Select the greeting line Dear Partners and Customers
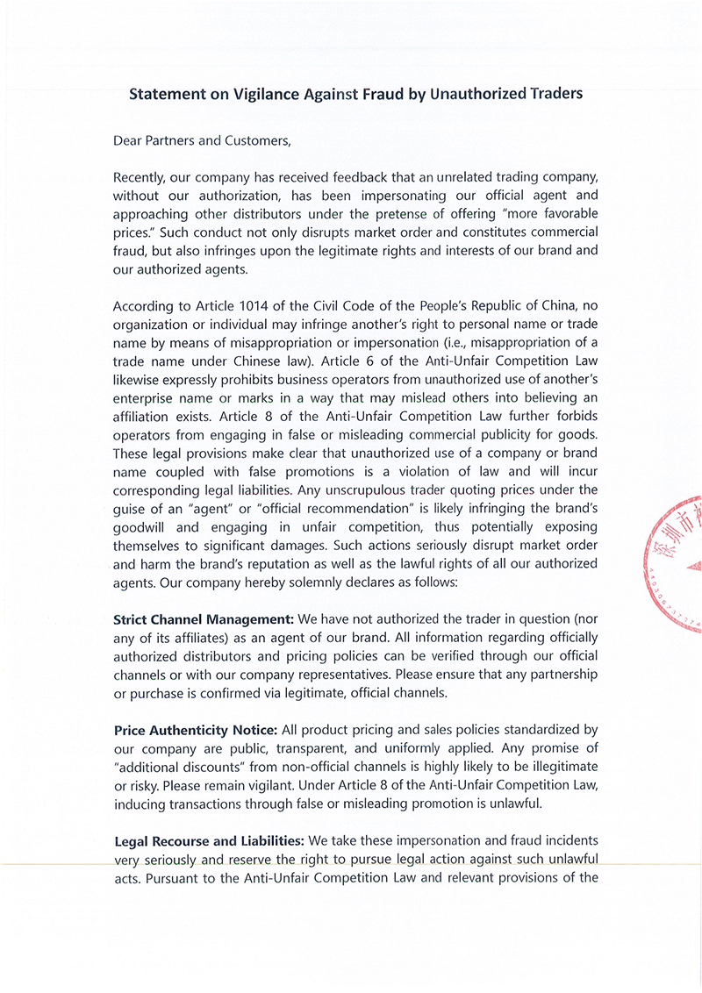point(201,139)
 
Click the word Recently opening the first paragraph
point(142,178)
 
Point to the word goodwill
point(142,526)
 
